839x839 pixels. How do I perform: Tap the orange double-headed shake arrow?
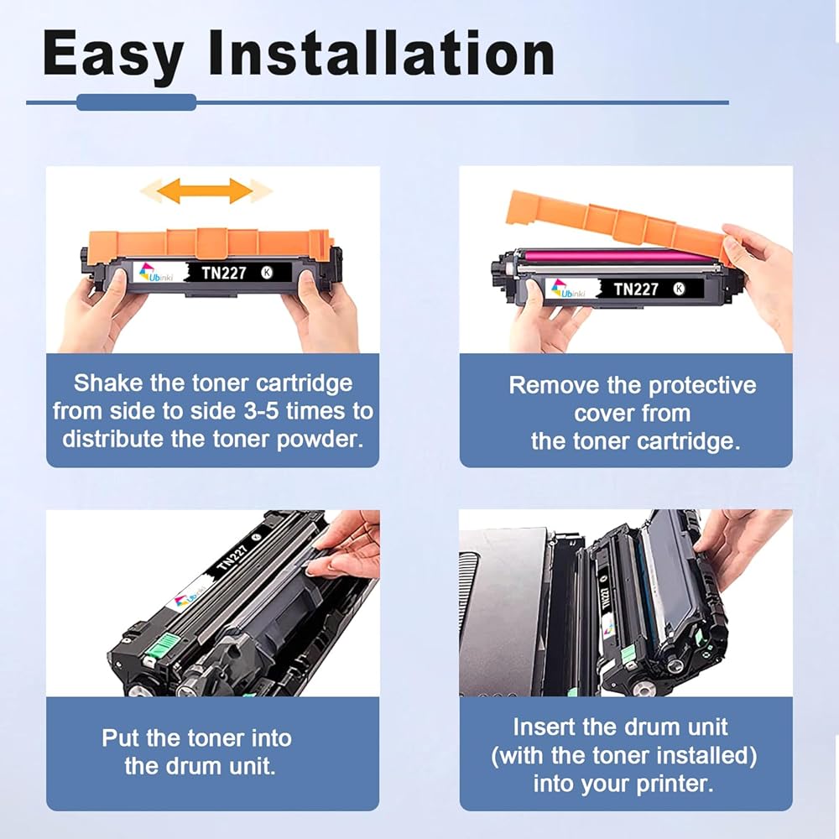205,191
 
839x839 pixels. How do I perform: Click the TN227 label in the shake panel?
224,273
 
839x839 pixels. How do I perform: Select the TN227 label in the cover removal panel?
636,289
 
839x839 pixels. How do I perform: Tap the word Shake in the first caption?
108,383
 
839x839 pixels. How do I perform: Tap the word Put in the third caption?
121,737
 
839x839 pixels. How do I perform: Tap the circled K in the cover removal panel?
679,289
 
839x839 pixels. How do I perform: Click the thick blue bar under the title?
137,102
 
